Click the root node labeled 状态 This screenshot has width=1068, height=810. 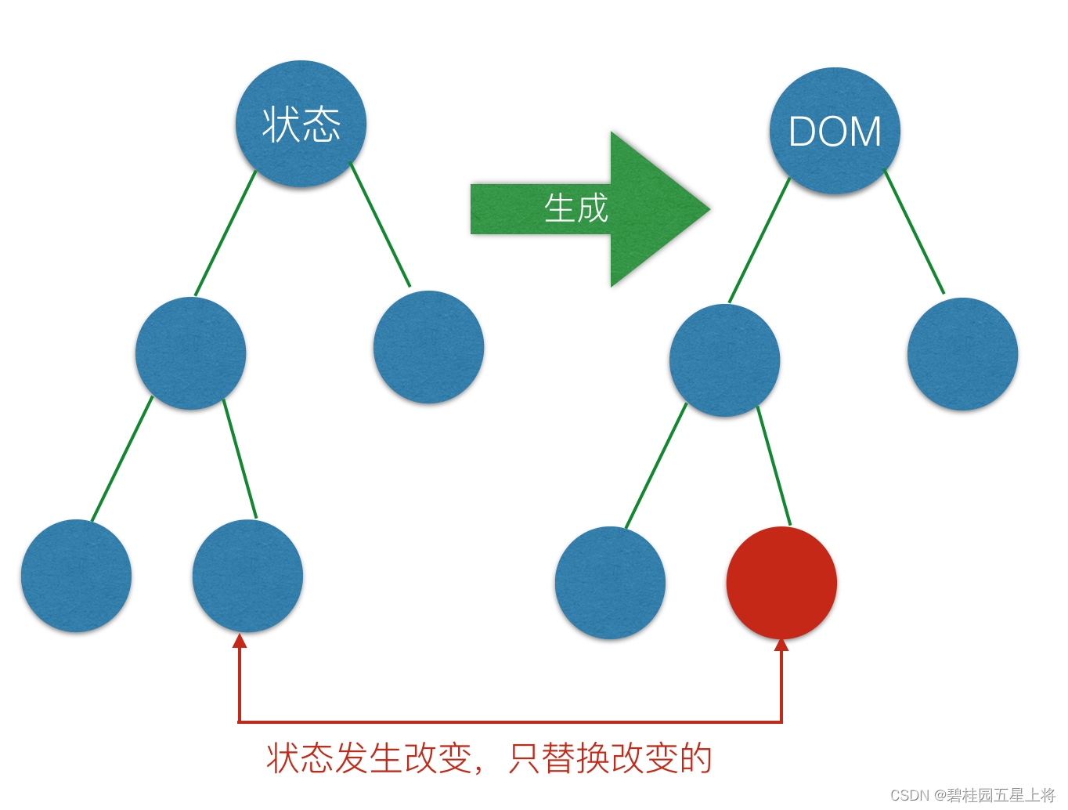pos(301,124)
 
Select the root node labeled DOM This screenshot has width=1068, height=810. pos(835,131)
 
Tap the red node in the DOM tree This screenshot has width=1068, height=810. pos(781,583)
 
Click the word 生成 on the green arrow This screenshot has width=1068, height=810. pos(576,208)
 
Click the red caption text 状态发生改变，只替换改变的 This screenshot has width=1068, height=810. pos(489,758)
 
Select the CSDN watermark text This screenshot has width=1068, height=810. pos(972,795)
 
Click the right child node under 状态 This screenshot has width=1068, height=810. pos(428,347)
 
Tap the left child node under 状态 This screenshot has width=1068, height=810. pos(190,353)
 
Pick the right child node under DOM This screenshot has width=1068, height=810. pos(962,354)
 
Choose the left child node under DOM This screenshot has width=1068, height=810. pos(724,360)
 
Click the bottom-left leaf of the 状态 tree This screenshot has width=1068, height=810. pos(76,576)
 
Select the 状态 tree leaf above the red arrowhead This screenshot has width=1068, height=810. pos(247,576)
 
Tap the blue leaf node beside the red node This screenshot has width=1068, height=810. pos(610,583)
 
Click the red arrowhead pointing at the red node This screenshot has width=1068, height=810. pos(781,645)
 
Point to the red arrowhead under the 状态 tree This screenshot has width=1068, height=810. pos(240,641)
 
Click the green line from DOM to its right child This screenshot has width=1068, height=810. pos(915,232)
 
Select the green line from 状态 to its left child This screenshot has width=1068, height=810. pos(226,233)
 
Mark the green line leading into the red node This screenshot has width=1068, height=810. pos(774,467)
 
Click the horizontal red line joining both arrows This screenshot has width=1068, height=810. pos(509,721)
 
